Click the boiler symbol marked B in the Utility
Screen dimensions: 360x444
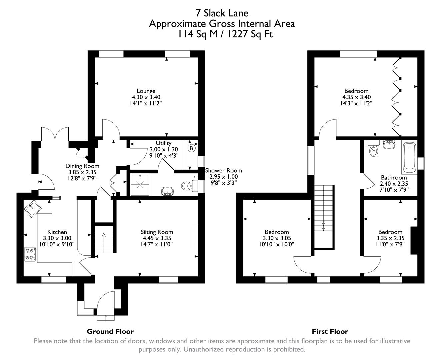(191, 148)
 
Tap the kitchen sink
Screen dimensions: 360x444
(33, 209)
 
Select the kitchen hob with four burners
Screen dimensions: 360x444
(30, 254)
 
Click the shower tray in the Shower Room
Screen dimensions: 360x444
(140, 184)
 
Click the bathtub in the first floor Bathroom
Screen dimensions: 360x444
(409, 158)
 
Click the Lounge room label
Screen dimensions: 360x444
(146, 91)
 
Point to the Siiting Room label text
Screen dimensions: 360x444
(157, 232)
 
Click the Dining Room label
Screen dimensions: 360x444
(82, 166)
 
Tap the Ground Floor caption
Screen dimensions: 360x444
(110, 331)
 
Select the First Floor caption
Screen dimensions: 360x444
(330, 331)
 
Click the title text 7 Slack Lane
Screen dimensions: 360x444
(222, 13)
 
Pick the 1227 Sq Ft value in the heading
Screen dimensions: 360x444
(250, 34)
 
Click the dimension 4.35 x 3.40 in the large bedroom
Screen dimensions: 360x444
(356, 97)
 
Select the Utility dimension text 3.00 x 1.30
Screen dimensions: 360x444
(164, 149)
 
